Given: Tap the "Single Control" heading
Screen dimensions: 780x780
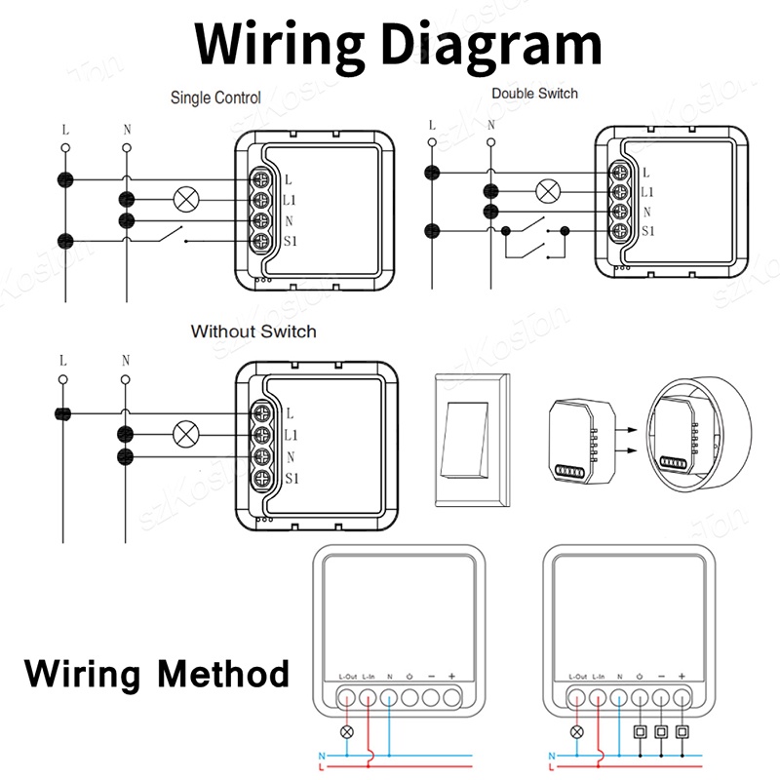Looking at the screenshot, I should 215,97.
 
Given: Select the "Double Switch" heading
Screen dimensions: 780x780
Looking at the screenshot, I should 534,94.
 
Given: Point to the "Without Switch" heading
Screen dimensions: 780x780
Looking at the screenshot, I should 253,331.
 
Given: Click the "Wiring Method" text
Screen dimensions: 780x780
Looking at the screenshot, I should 156,673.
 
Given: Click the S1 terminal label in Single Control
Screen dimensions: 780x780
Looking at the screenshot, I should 291,243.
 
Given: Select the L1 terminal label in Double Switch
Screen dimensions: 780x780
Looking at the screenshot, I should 648,192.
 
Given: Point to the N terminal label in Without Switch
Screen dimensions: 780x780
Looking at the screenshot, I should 290,456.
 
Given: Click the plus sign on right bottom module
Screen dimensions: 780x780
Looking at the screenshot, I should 682,677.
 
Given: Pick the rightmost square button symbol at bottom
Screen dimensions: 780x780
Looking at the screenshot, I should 682,730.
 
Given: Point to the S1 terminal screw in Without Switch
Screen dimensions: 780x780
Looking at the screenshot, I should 261,478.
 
